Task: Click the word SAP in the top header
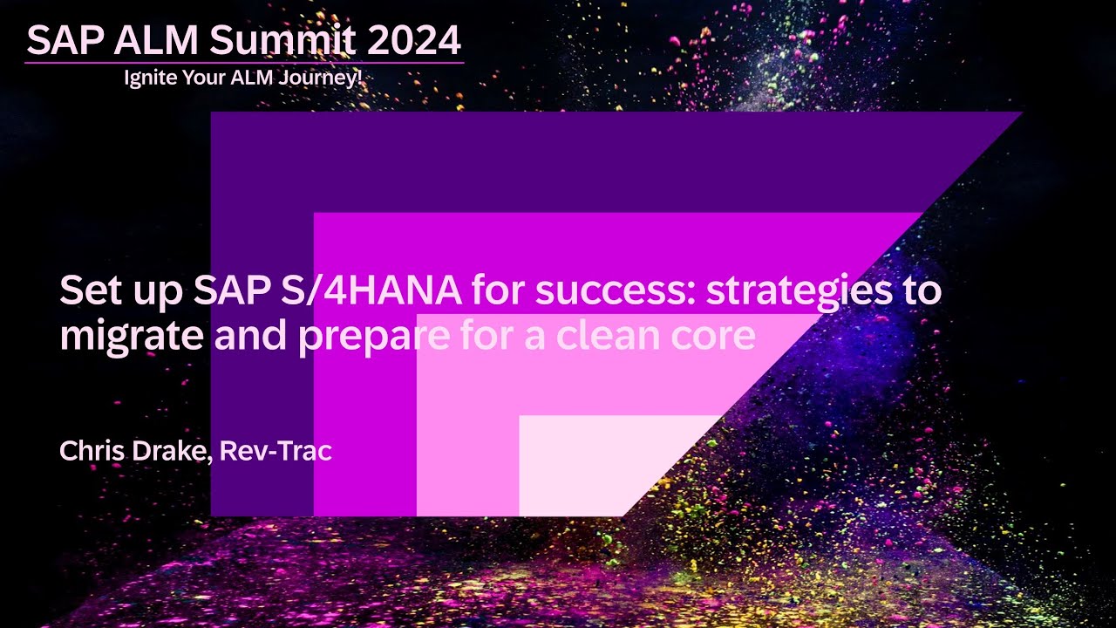[x=64, y=39]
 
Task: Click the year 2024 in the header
[x=413, y=39]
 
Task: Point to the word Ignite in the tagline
[x=148, y=78]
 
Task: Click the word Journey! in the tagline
[x=326, y=78]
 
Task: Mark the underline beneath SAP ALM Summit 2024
[x=244, y=63]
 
